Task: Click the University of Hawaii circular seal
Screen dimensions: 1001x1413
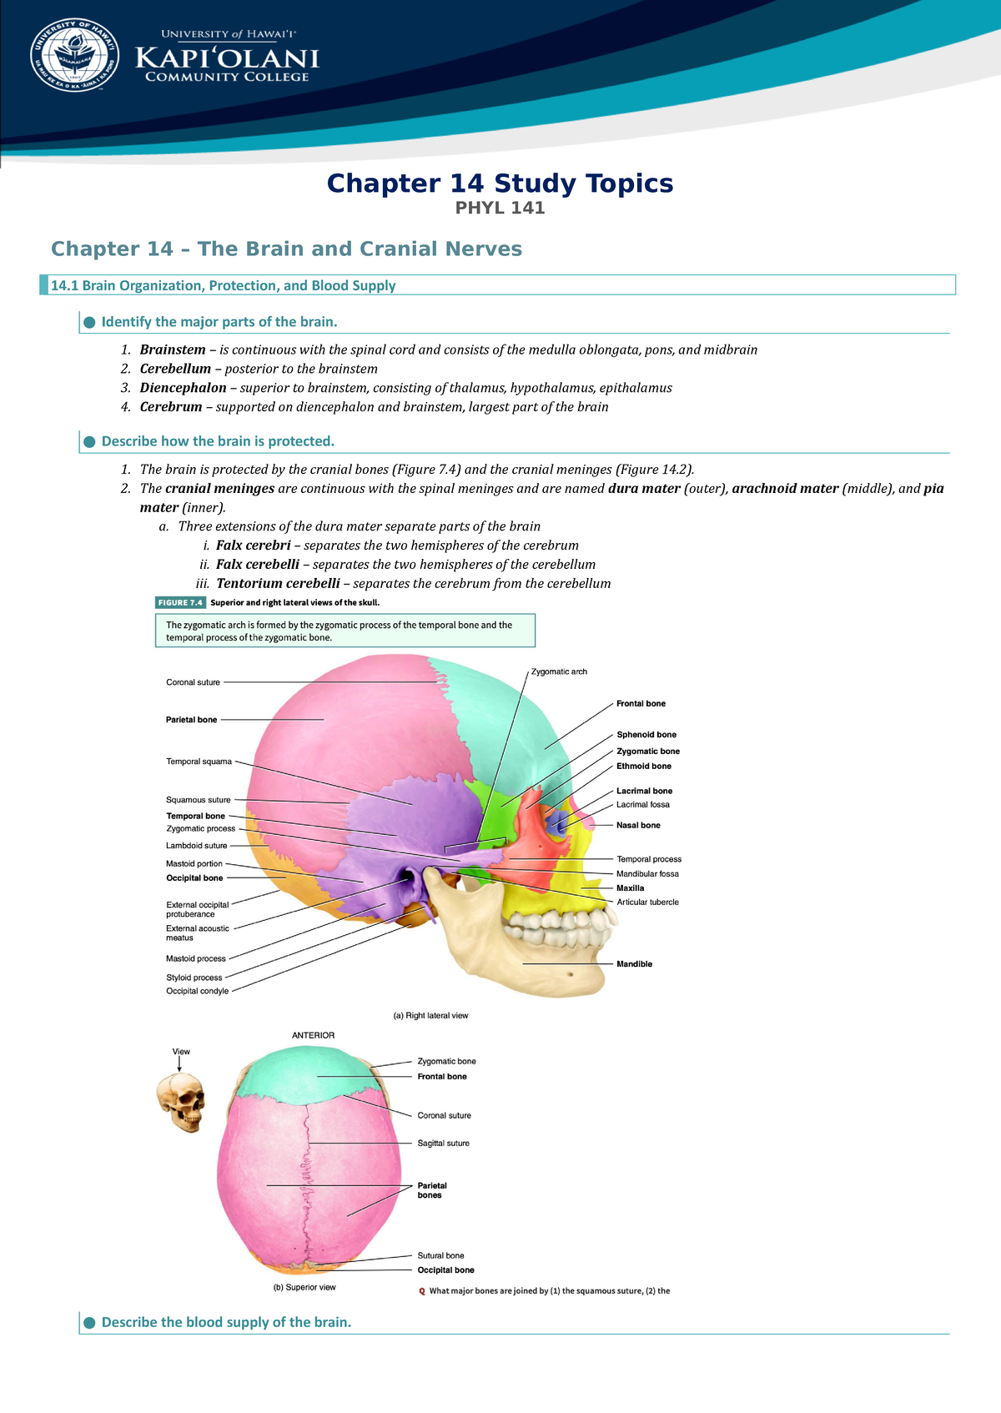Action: [x=75, y=56]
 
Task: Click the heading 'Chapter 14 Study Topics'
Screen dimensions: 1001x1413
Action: [x=500, y=184]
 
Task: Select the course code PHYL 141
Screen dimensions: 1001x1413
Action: [x=500, y=209]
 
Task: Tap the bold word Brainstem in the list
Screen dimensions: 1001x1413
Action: [x=173, y=349]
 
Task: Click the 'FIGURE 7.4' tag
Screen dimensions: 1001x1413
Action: [x=180, y=602]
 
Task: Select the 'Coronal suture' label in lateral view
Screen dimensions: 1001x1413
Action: [x=193, y=682]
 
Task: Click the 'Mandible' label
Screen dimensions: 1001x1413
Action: [x=634, y=964]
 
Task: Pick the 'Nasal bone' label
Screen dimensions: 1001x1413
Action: [x=638, y=825]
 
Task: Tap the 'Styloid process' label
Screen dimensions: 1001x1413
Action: [x=194, y=978]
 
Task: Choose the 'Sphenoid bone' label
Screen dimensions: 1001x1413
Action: [x=646, y=735]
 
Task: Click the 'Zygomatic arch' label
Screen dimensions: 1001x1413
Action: [x=559, y=671]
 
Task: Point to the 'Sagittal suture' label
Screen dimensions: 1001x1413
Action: [x=443, y=1144]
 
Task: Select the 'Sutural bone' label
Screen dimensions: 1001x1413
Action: [x=440, y=1255]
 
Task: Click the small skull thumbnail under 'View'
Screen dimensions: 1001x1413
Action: [x=181, y=1101]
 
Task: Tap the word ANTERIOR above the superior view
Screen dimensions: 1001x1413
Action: [x=313, y=1035]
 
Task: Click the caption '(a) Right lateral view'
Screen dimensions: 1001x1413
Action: [x=430, y=1016]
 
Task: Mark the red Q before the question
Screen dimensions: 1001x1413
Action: [x=422, y=1291]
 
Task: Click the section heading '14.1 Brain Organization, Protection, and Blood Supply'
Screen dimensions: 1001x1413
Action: [x=223, y=285]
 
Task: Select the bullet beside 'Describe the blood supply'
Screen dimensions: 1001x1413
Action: [x=90, y=1323]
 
